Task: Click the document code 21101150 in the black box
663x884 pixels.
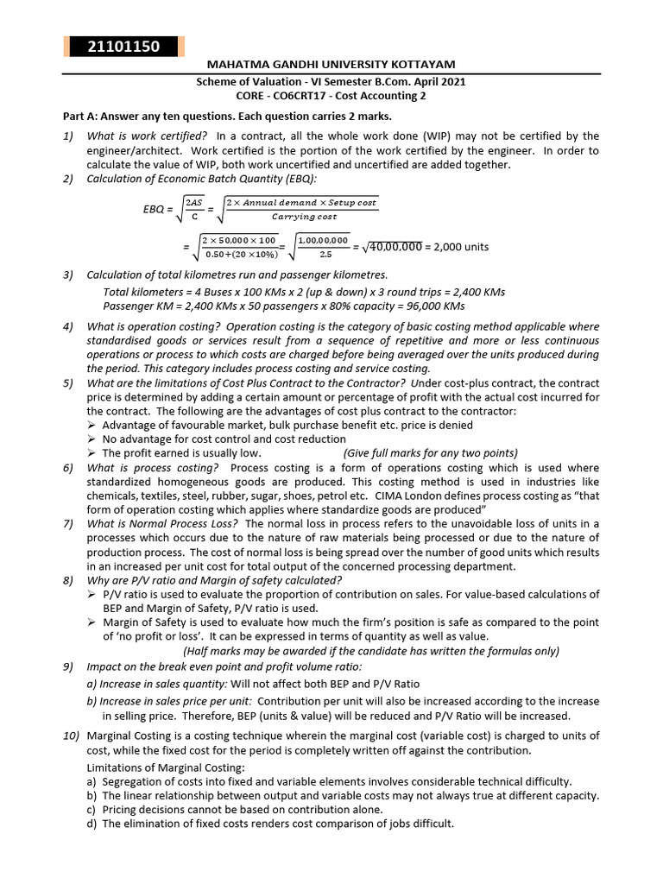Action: click(123, 47)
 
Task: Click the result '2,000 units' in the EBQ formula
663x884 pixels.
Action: click(457, 247)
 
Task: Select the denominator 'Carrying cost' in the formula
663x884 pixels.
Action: click(304, 217)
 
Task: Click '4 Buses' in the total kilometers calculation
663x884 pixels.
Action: click(242, 292)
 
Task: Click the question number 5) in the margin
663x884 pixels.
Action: click(68, 382)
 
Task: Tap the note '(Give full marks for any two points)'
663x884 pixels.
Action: click(430, 452)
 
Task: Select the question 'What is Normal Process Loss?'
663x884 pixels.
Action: click(164, 524)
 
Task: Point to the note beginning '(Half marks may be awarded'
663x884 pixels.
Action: click(371, 651)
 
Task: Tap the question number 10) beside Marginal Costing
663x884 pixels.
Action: click(71, 736)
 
